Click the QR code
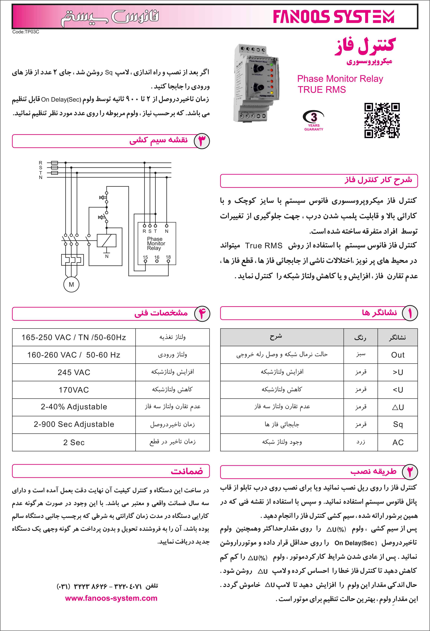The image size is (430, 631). (382, 120)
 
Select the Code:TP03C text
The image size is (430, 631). (26, 32)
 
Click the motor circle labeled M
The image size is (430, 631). (71, 285)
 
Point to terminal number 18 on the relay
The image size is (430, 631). (168, 257)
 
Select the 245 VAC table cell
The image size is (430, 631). (74, 372)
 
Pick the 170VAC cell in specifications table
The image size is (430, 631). (74, 390)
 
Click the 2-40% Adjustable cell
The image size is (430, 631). (74, 407)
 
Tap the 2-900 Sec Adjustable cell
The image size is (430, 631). (74, 424)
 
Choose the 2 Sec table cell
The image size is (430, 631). (74, 442)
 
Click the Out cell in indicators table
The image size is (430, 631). (398, 355)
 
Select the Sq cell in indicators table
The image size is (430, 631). (398, 424)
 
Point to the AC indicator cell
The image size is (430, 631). (398, 442)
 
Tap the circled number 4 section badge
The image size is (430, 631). (202, 314)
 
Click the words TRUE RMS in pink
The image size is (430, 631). (322, 90)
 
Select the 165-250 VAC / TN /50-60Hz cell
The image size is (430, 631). (74, 338)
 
